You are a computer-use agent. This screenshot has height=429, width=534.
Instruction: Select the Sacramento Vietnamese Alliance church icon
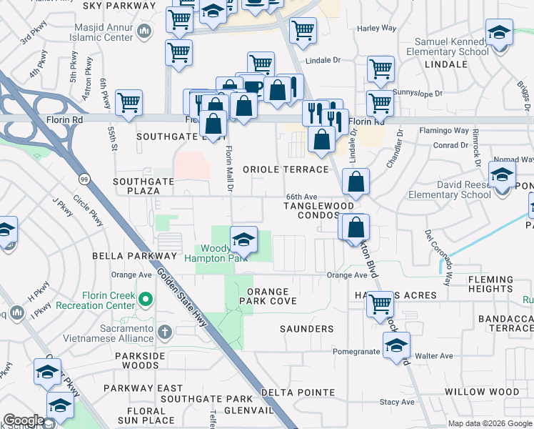[x=165, y=331]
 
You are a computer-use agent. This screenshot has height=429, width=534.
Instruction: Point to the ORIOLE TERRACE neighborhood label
[x=286, y=169]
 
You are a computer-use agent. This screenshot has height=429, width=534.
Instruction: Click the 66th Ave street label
[x=301, y=196]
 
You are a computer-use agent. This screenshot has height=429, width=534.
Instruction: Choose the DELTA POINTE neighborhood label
[x=298, y=393]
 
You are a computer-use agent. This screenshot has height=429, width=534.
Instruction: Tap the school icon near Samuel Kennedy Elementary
[x=499, y=33]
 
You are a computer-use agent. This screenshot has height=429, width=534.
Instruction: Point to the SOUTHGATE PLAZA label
[x=143, y=187]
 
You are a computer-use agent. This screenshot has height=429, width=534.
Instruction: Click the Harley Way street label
[x=377, y=29]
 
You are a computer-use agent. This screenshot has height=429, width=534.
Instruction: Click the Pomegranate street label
[x=356, y=352]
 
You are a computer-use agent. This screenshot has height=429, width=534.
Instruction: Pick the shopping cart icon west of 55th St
[x=129, y=103]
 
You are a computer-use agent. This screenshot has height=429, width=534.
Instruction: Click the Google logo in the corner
[x=24, y=420]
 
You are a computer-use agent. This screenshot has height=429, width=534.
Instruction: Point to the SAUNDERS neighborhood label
[x=306, y=329]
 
